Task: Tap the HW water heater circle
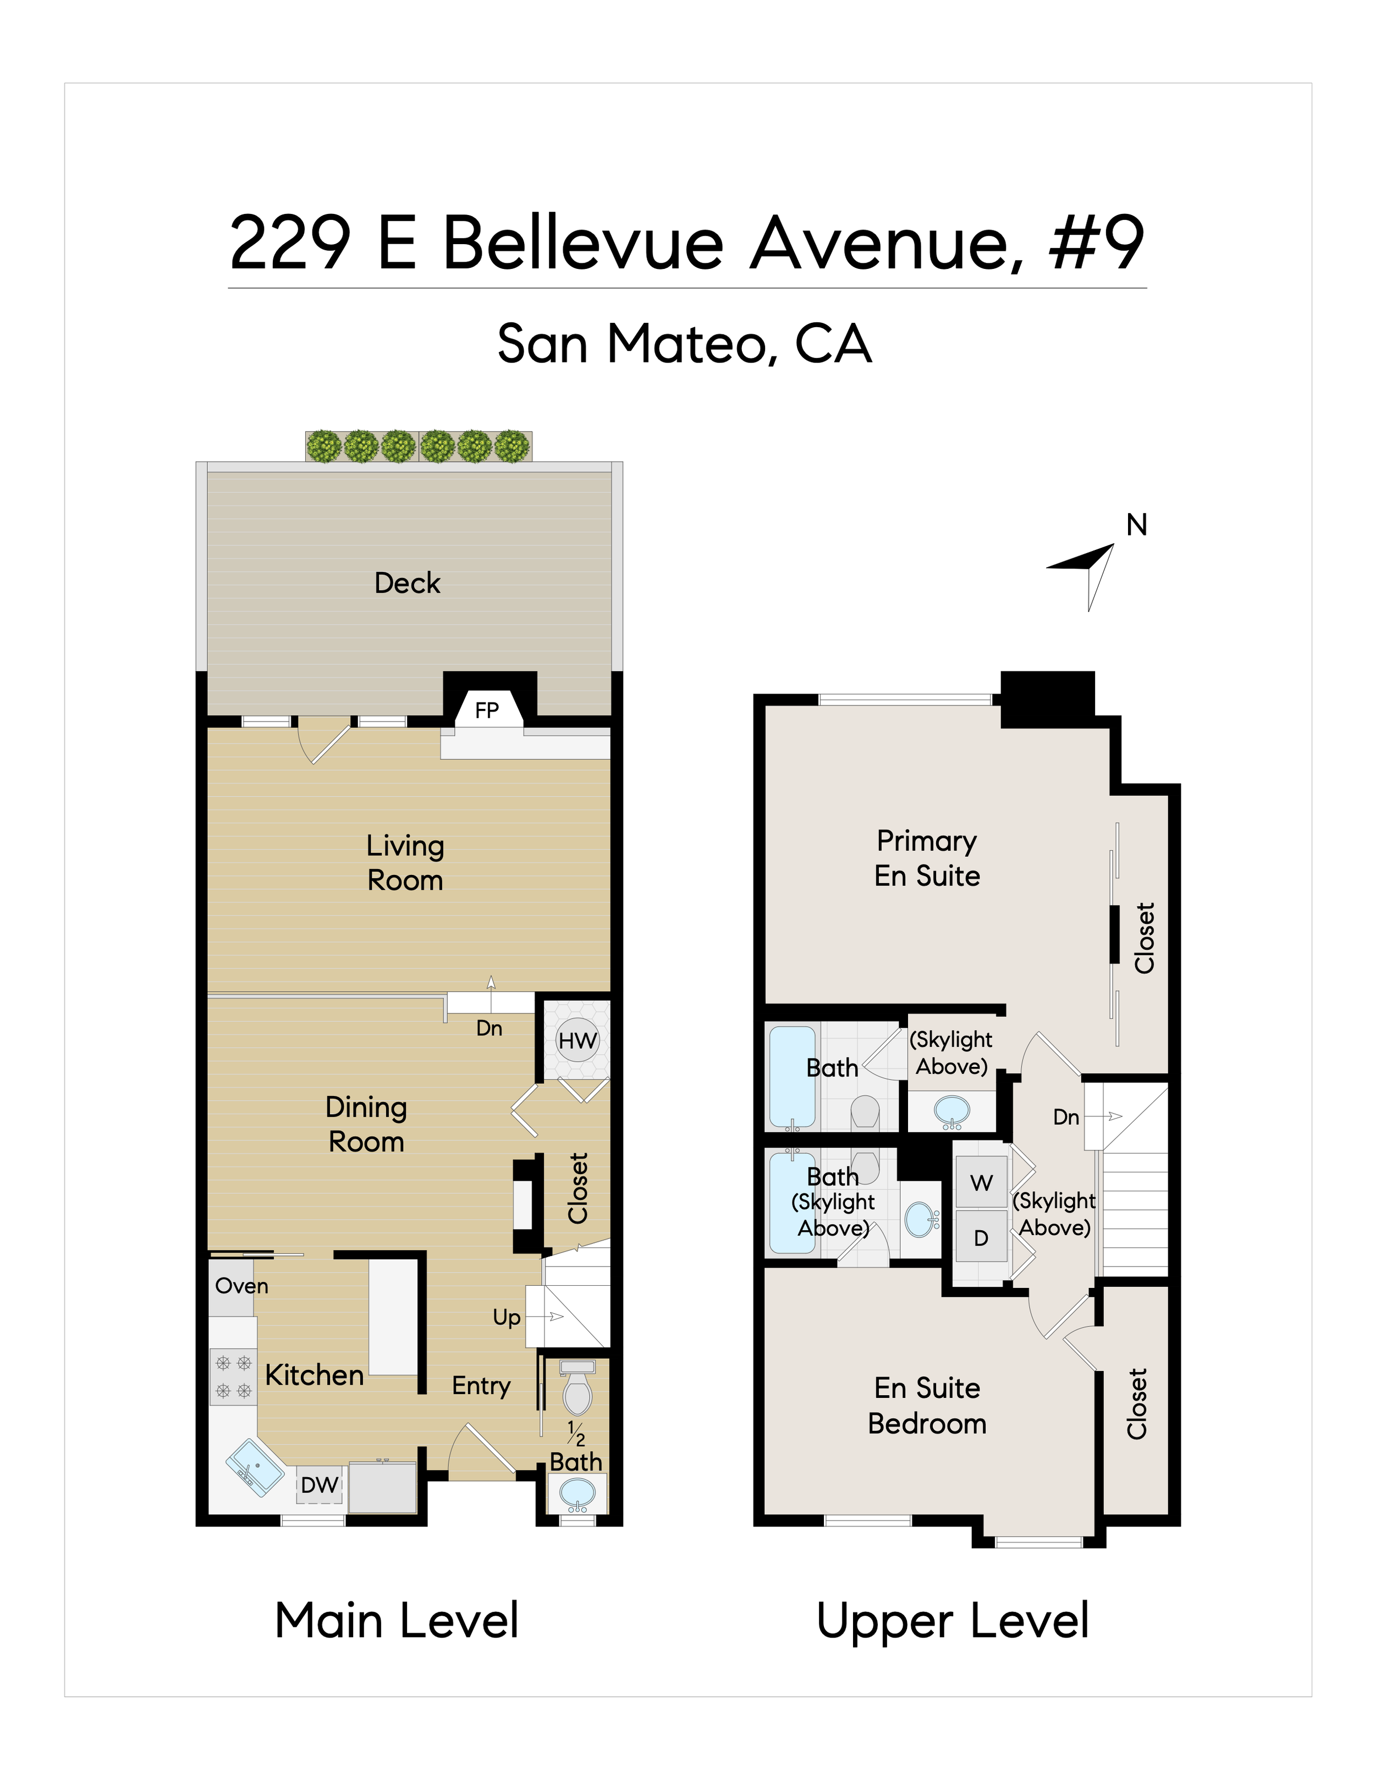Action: (577, 1040)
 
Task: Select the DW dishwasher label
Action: (320, 1485)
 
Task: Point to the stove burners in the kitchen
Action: (233, 1376)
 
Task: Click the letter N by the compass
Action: (1136, 525)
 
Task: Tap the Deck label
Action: (408, 583)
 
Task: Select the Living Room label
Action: (405, 863)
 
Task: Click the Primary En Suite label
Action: (927, 858)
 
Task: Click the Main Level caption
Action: (397, 1621)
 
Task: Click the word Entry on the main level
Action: (481, 1386)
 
